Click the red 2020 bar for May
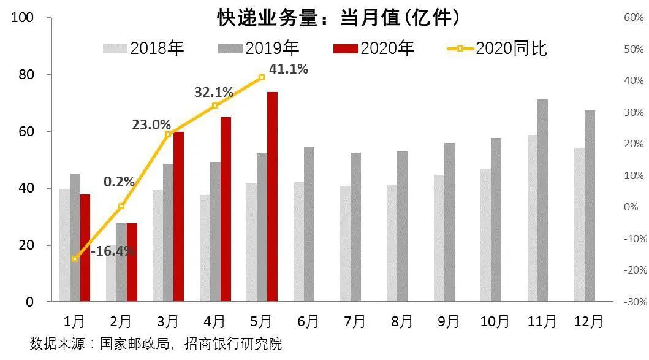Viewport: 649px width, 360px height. pos(272,197)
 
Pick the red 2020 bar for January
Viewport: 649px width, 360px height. pos(85,248)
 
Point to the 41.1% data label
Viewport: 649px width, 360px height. pos(288,69)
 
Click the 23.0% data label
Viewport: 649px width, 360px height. pos(151,125)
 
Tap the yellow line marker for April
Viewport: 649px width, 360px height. pos(214,105)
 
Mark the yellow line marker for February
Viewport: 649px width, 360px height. pos(121,206)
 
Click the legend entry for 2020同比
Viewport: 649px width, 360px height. pos(496,48)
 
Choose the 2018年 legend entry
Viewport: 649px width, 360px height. pos(144,48)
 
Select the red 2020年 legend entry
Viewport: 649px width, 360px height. pos(374,48)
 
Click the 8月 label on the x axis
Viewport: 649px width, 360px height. pos(402,321)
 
